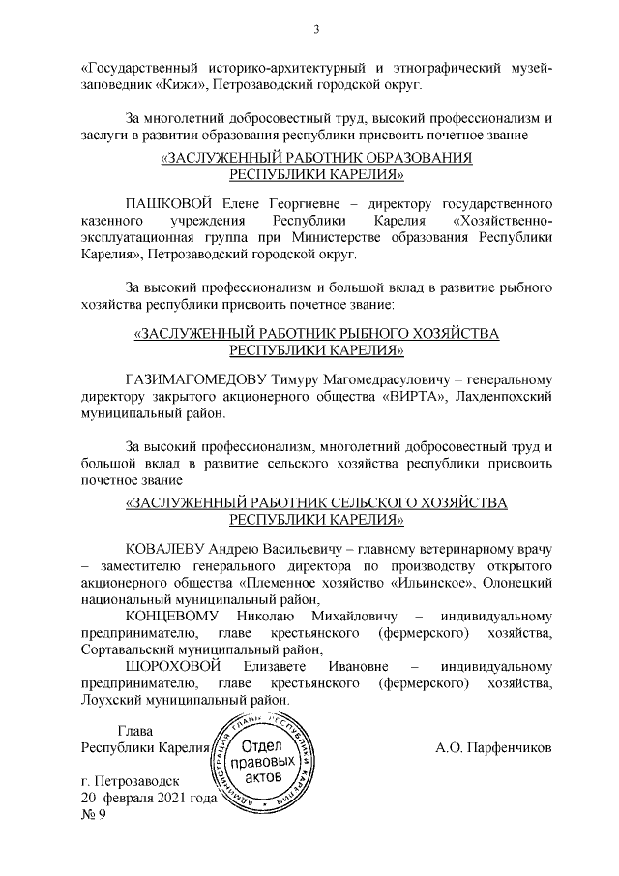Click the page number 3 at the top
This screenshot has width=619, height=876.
[x=316, y=30]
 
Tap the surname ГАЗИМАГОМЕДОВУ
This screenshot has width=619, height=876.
[x=208, y=378]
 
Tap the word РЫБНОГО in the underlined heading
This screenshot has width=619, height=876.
[x=368, y=333]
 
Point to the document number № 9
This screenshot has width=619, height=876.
[x=94, y=814]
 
